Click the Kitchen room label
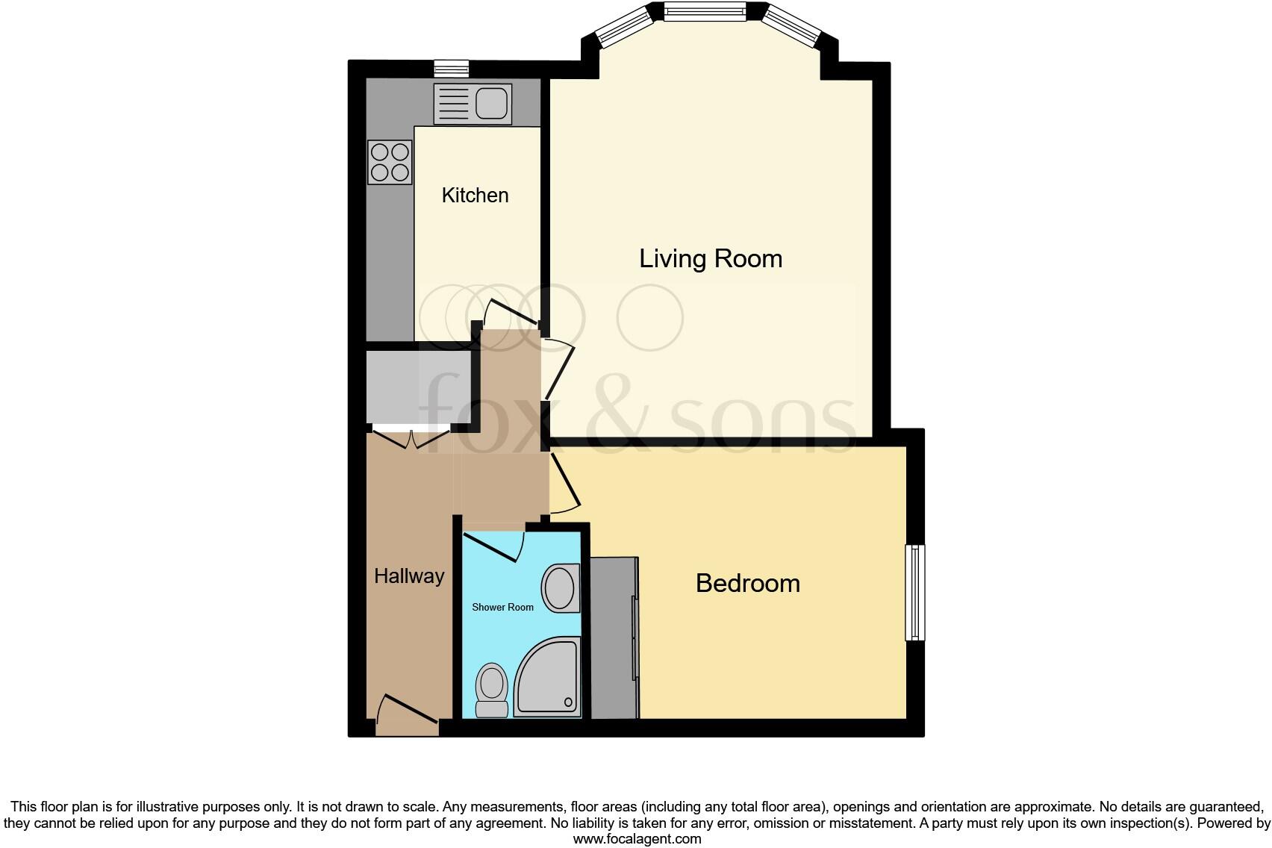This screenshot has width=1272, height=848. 475,195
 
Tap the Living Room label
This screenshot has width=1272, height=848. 711,258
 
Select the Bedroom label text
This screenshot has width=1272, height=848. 747,583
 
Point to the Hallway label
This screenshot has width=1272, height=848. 409,576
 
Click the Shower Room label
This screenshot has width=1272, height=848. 502,607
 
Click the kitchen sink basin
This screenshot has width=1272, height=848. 491,103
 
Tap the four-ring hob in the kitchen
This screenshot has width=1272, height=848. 390,162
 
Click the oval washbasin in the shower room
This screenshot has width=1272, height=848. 560,588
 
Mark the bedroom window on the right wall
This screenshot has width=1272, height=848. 915,593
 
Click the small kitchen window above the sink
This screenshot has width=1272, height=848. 452,69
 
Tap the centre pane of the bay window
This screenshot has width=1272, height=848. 704,12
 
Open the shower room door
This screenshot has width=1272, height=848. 493,546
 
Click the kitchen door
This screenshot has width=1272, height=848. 511,314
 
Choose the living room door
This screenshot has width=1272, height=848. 558,370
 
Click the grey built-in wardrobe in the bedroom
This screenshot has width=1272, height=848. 614,637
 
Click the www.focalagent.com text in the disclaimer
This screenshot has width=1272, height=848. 637,839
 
